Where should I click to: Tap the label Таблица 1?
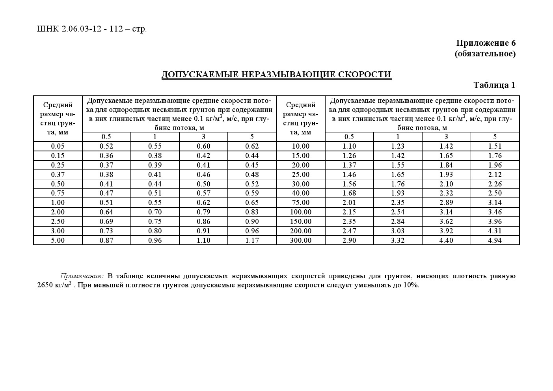pyautogui.click(x=494, y=85)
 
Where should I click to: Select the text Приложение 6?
pyautogui.click(x=486, y=43)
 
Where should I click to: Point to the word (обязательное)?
pyautogui.click(x=485, y=53)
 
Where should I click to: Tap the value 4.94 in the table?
pyautogui.click(x=495, y=240)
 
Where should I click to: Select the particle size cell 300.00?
pyautogui.click(x=300, y=240)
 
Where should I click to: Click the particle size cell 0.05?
pyautogui.click(x=58, y=146)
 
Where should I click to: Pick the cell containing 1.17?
pyautogui.click(x=252, y=240)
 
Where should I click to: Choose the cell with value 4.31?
pyautogui.click(x=495, y=231)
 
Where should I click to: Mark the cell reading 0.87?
pyautogui.click(x=106, y=240)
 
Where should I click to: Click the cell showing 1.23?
pyautogui.click(x=398, y=146)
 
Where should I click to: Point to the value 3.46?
pyautogui.click(x=495, y=212)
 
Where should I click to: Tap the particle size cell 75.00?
pyautogui.click(x=300, y=203)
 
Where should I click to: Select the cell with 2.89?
pyautogui.click(x=446, y=203)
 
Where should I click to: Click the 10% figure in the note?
pyautogui.click(x=410, y=285)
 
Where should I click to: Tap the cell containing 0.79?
pyautogui.click(x=203, y=212)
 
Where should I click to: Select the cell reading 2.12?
pyautogui.click(x=495, y=174)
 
